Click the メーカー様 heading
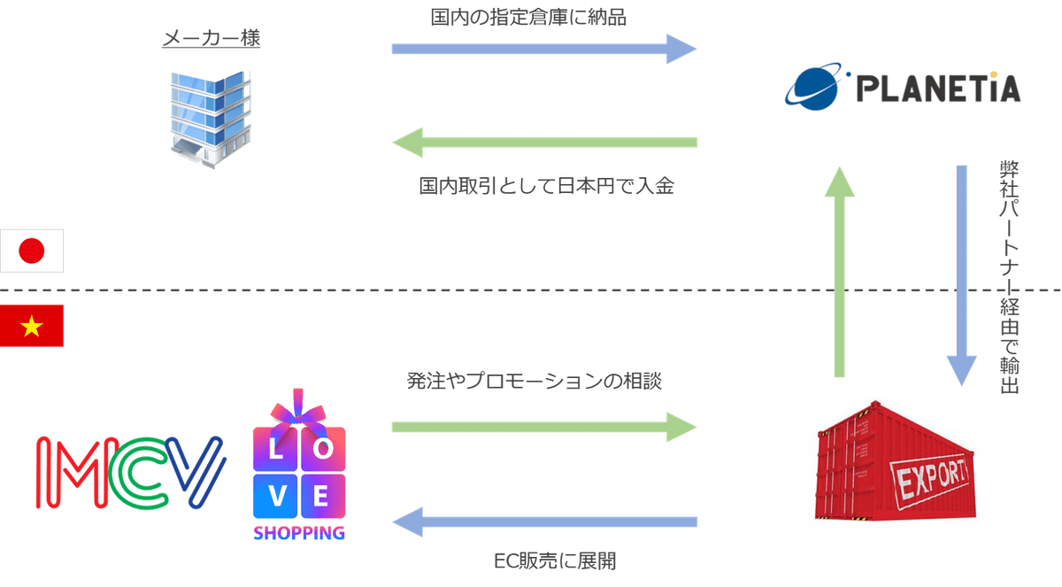click(x=211, y=41)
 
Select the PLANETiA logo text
click(x=938, y=89)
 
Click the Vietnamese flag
click(x=32, y=326)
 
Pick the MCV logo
click(x=129, y=471)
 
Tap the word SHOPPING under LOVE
click(x=299, y=533)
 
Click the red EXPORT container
click(x=896, y=460)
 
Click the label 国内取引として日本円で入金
click(x=546, y=187)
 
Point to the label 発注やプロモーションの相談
click(x=535, y=382)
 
